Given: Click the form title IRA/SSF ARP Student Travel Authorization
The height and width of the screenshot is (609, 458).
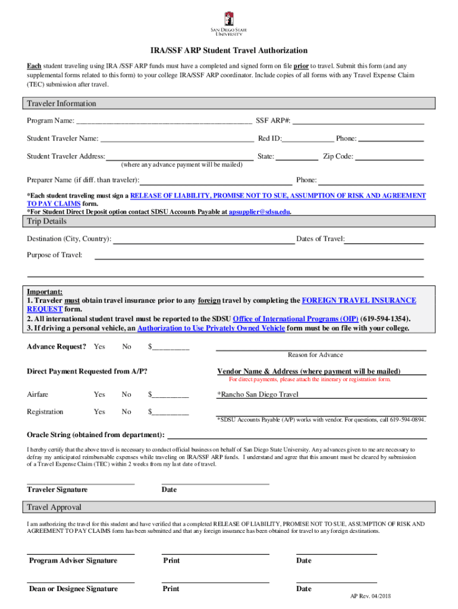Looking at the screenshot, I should (228, 51).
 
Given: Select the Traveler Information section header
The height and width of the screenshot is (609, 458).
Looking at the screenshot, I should (61, 104).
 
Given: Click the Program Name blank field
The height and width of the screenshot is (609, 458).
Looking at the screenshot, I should (164, 121).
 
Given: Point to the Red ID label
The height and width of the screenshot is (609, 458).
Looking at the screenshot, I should (269, 139).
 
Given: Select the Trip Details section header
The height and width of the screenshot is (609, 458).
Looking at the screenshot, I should (47, 222).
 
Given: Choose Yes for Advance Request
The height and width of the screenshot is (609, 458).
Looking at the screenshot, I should (99, 347).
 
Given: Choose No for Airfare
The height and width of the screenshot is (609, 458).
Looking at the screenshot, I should (127, 394).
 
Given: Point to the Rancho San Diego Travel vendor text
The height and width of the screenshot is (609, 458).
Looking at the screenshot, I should (258, 394).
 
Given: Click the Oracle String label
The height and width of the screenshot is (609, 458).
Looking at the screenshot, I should (96, 435).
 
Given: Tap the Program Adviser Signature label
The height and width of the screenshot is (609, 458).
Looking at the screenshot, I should (73, 561).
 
